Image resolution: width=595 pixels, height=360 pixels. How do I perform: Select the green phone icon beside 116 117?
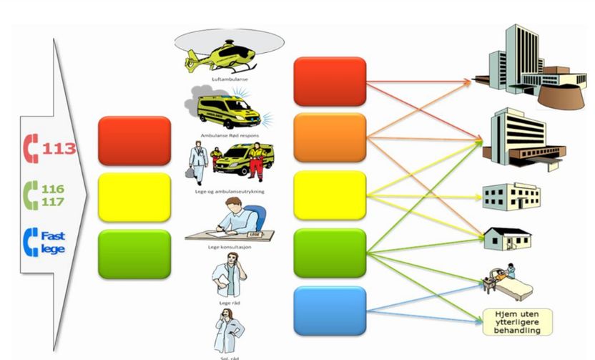pos(31,195)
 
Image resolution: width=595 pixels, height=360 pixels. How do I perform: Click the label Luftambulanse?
pos(225,79)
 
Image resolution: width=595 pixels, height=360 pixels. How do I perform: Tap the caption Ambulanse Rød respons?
pos(230,134)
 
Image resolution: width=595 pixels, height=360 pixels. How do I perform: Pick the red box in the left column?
pos(134,141)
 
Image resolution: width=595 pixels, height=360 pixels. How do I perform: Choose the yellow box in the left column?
pos(134,197)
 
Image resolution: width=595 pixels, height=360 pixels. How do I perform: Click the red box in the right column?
pos(330,80)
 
